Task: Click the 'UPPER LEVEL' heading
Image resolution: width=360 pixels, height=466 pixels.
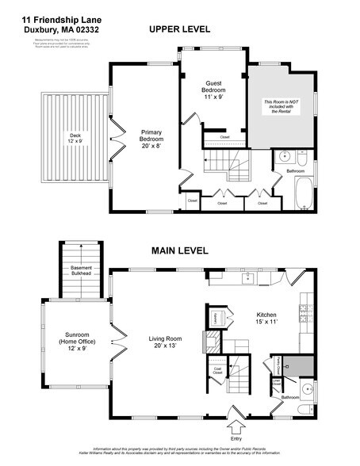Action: [179, 29]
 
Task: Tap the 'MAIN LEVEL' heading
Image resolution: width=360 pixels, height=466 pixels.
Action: [180, 251]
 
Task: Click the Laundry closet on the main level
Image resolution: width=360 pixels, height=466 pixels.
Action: [215, 319]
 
